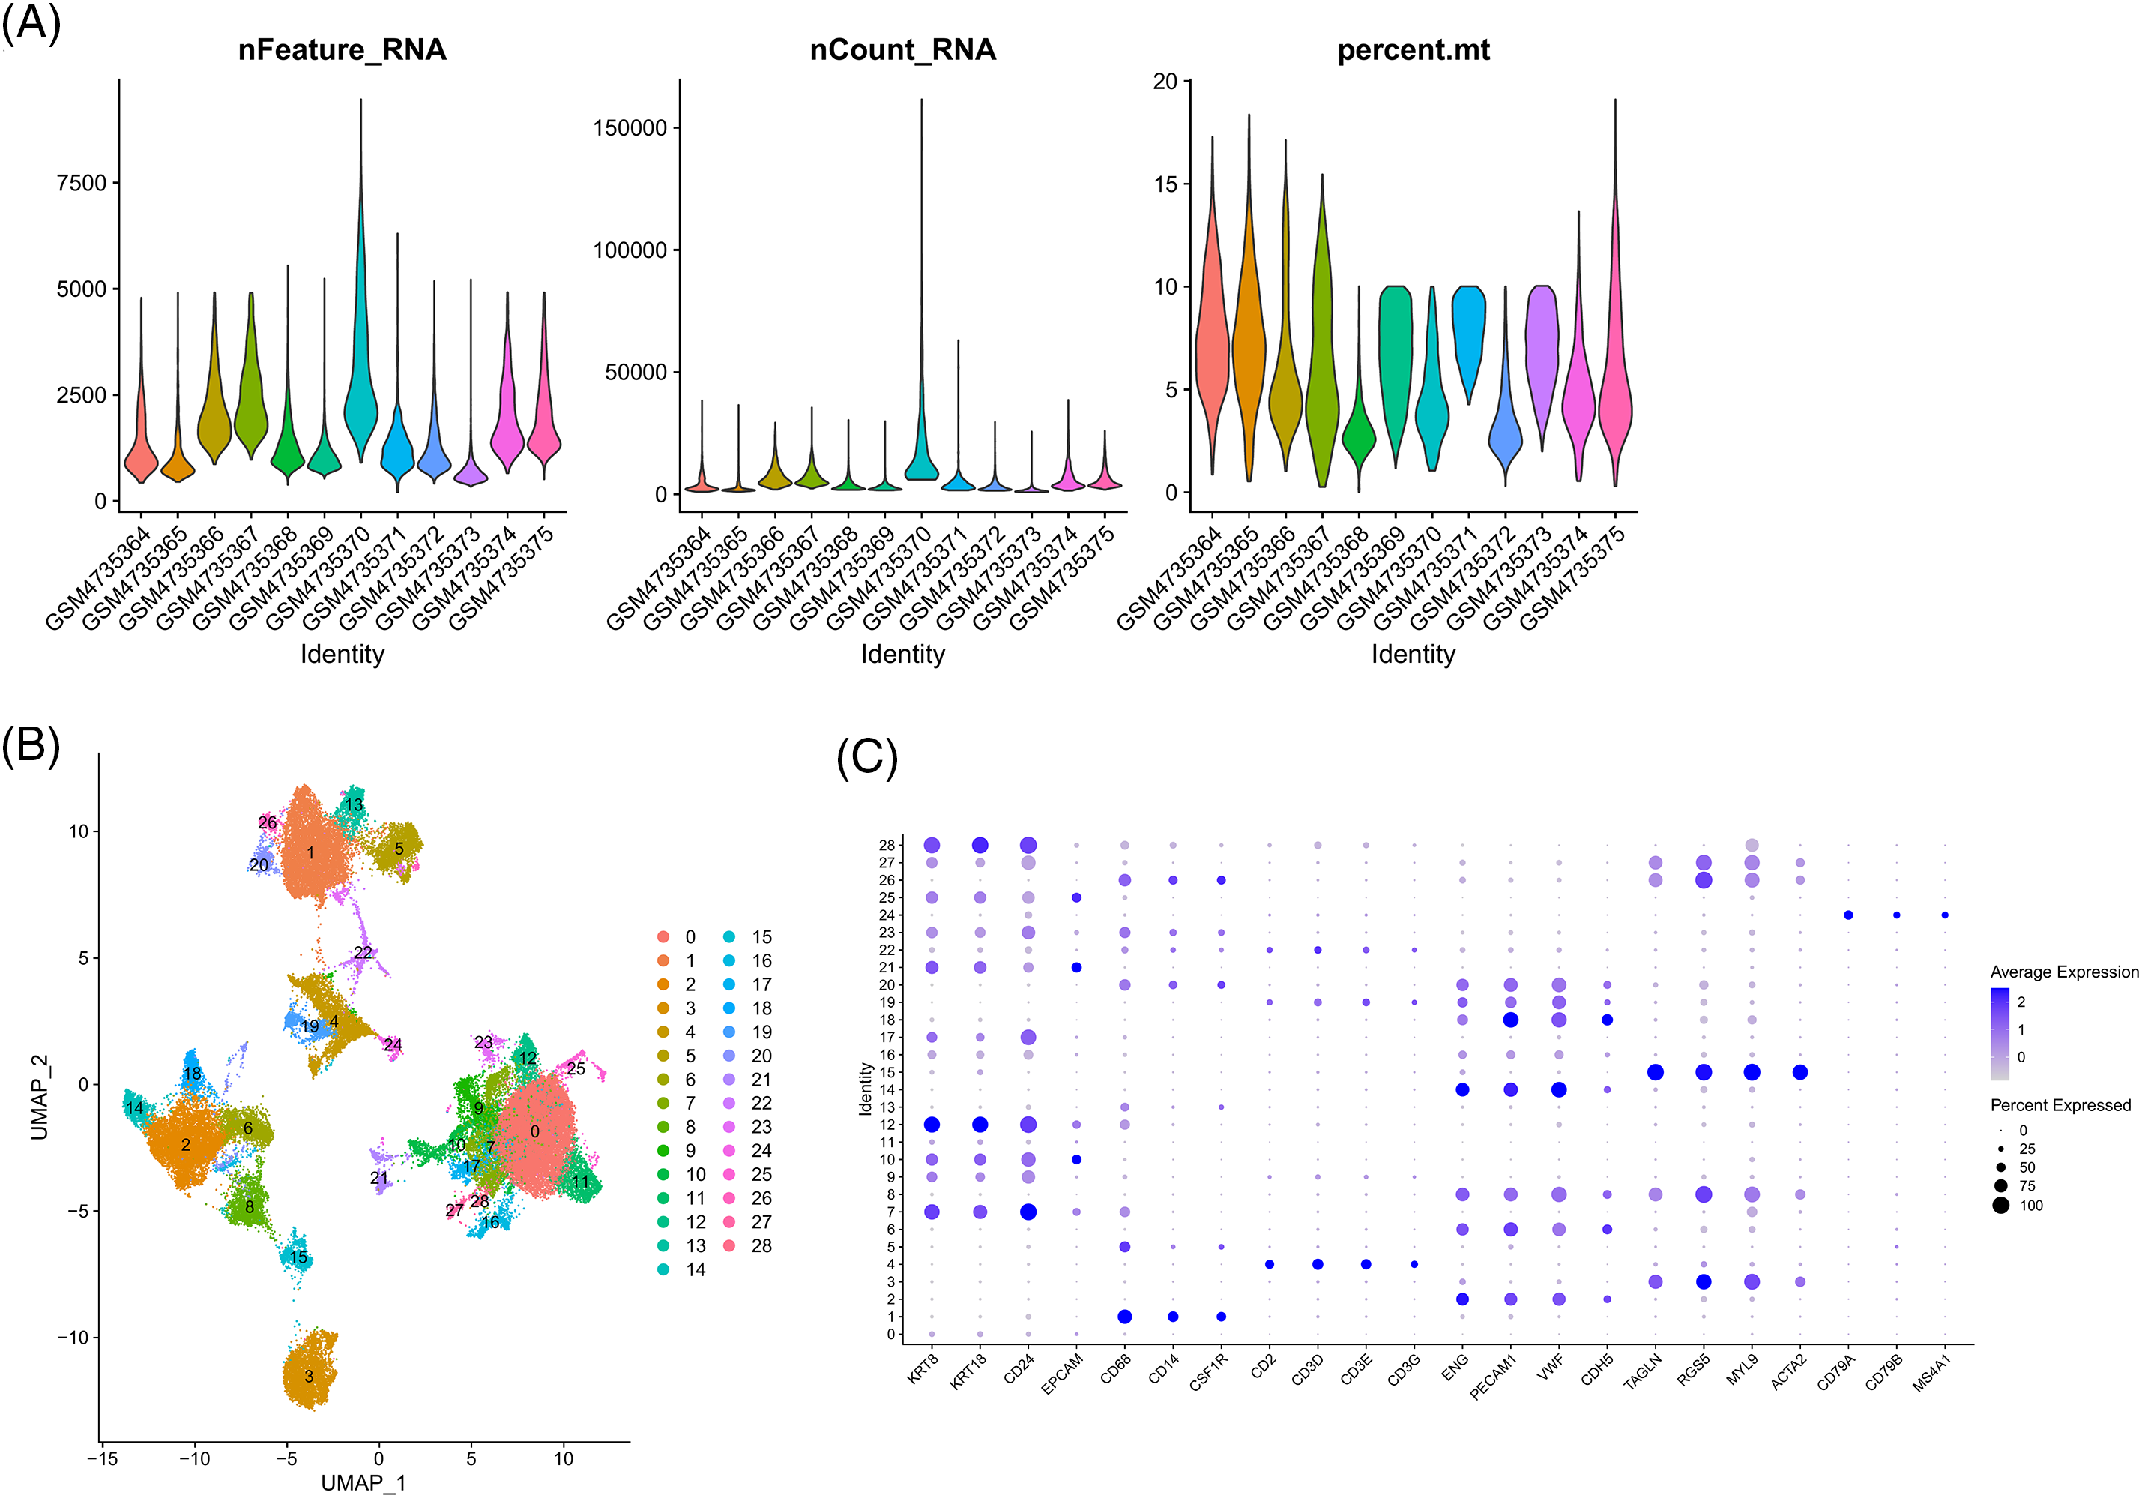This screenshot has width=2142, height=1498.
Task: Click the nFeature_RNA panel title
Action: (x=342, y=49)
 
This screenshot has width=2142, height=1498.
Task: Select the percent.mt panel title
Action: (x=1413, y=49)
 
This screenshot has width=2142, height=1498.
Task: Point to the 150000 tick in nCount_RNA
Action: (x=630, y=129)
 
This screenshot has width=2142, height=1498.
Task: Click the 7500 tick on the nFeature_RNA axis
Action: (x=82, y=183)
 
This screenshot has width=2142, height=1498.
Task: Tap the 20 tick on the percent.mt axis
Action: (x=1165, y=82)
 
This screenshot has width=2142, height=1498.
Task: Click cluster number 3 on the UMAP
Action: (x=309, y=1376)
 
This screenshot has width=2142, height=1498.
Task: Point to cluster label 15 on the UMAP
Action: (x=298, y=1257)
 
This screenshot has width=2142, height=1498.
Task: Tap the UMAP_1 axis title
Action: (x=363, y=1482)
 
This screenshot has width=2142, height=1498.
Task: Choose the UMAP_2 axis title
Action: (x=39, y=1098)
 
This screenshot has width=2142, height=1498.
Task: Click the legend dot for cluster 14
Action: (x=663, y=1269)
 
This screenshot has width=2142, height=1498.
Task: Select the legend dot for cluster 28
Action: (x=728, y=1245)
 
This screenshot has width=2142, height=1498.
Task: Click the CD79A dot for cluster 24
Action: (x=1848, y=915)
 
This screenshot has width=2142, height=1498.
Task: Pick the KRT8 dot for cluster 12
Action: (x=931, y=1125)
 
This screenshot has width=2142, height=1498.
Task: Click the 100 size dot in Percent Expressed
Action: (x=2000, y=1205)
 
